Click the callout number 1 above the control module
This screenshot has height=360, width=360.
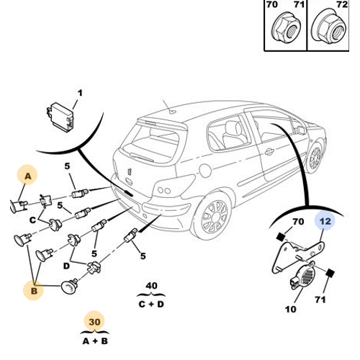click(80, 93)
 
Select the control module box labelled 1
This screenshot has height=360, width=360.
click(60, 117)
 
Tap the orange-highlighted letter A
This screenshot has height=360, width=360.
click(28, 176)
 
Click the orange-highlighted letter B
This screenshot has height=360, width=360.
click(34, 291)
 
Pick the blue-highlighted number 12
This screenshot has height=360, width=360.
click(325, 221)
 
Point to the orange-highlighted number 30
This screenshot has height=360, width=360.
click(94, 322)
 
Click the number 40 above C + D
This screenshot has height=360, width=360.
click(151, 286)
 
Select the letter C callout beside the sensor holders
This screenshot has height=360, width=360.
click(32, 220)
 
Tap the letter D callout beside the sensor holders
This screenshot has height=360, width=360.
click(66, 266)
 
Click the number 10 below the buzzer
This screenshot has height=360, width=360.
click(291, 309)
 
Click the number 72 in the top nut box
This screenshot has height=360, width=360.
click(342, 4)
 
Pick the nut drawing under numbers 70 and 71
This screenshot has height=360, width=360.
click(286, 28)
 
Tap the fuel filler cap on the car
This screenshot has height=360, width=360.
click(205, 170)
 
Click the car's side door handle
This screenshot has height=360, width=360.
click(269, 151)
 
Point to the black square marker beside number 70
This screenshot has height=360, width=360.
click(281, 237)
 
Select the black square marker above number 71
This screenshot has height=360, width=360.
click(330, 273)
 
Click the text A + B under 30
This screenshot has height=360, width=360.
click(95, 341)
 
